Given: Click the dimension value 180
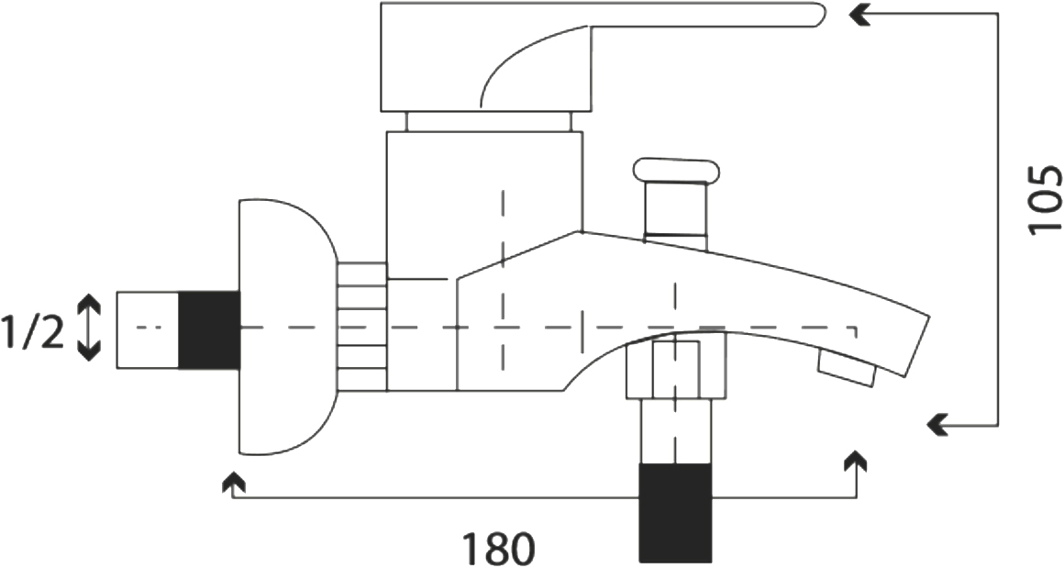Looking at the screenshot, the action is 499,548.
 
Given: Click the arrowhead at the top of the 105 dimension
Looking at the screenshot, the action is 861,15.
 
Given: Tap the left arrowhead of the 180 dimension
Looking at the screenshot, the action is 233,483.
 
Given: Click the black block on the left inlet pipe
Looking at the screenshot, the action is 209,330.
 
